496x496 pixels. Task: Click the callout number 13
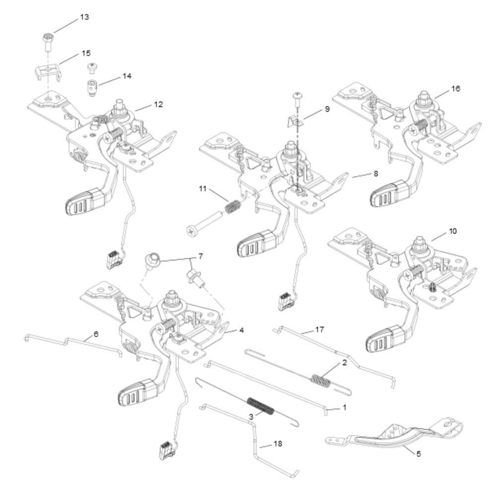click(x=84, y=17)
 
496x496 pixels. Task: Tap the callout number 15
click(x=86, y=53)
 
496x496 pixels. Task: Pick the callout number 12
click(x=158, y=105)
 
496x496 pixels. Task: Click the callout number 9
click(x=327, y=109)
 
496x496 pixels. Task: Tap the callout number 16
click(x=456, y=89)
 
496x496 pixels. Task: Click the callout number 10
click(x=452, y=231)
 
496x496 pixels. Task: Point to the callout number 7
click(x=200, y=256)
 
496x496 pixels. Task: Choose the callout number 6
click(x=96, y=334)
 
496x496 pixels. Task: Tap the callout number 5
click(x=418, y=453)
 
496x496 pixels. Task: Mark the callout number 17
click(x=319, y=329)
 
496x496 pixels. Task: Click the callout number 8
click(x=375, y=174)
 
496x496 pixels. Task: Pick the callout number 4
click(x=241, y=330)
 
